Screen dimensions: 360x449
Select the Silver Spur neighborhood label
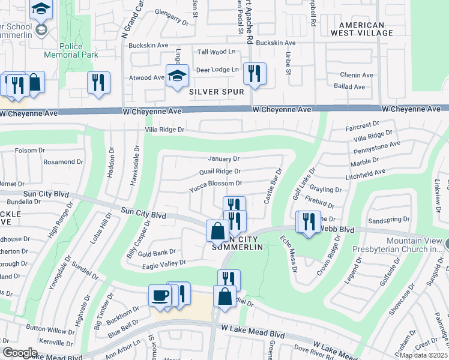click(216, 92)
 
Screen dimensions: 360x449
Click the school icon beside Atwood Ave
click(177, 76)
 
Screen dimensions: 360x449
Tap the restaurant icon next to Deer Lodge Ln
click(254, 73)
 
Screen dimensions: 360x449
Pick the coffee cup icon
click(160, 296)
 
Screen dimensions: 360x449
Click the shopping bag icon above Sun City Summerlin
click(217, 231)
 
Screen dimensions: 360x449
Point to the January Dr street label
click(223, 159)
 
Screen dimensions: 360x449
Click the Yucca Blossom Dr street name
click(215, 184)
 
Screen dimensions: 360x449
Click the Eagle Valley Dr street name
click(165, 262)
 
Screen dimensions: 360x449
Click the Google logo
click(20, 353)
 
